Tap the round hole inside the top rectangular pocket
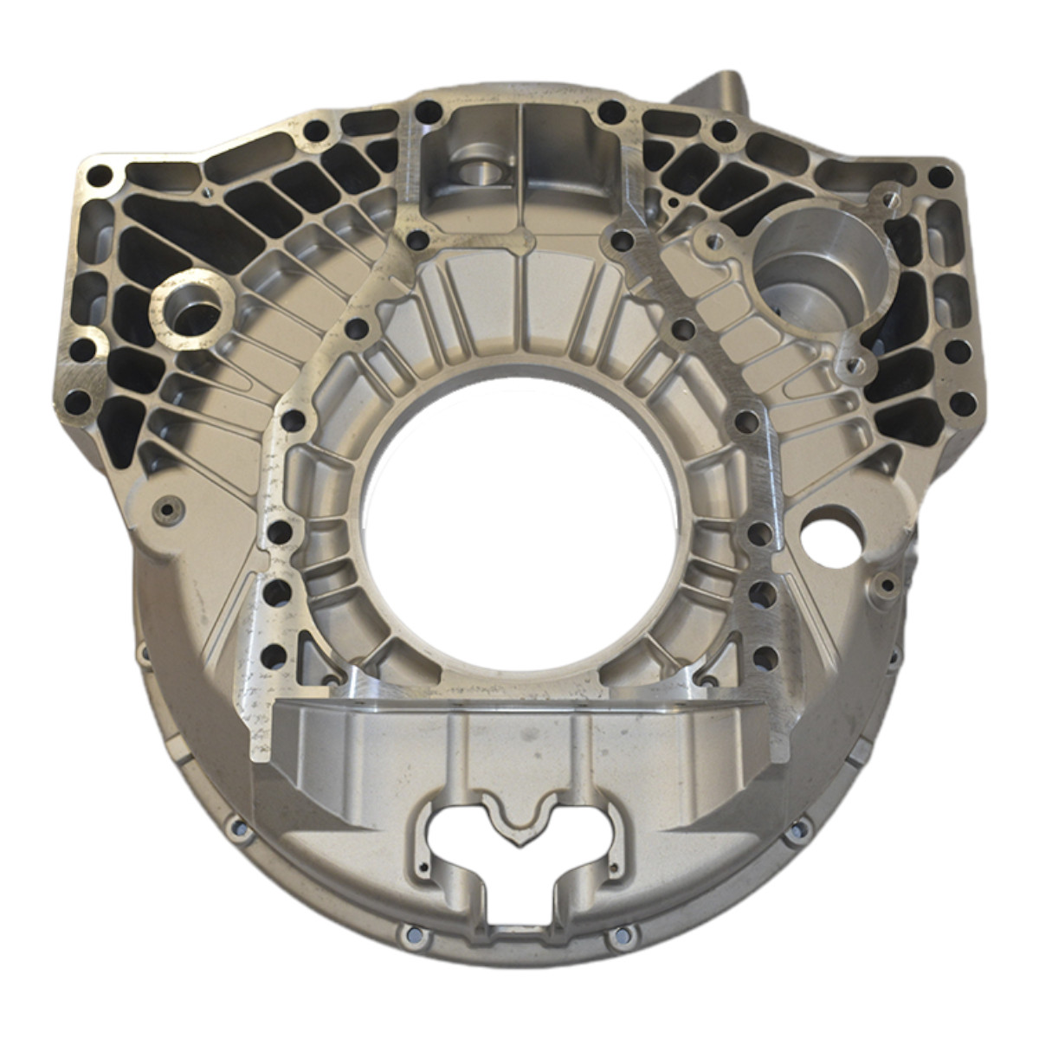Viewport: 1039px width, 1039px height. pyautogui.click(x=475, y=171)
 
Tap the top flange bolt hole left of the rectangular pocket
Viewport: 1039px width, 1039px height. pyautogui.click(x=426, y=112)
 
